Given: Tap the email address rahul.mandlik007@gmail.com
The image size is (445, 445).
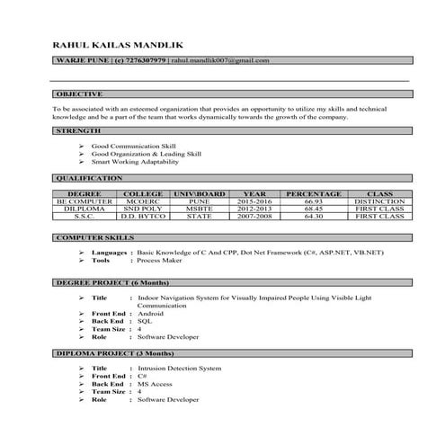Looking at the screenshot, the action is (x=219, y=60).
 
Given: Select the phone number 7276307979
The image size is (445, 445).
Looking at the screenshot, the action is (x=139, y=60).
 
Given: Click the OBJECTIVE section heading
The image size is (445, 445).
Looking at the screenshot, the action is (x=79, y=93).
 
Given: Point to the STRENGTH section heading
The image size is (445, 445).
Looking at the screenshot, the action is (x=78, y=131).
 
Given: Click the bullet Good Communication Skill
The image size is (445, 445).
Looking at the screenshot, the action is (x=135, y=145).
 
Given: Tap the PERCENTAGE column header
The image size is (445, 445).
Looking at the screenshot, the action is (x=314, y=193).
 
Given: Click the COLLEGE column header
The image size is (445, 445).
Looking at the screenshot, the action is (x=143, y=193).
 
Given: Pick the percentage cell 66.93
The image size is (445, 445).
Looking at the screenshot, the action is (x=314, y=201).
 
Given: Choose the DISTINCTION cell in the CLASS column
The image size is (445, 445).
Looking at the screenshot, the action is (x=379, y=201).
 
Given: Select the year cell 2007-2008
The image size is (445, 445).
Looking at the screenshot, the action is (x=255, y=217).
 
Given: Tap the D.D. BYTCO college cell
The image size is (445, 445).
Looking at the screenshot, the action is (x=143, y=217).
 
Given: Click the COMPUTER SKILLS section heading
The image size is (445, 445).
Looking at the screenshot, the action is (x=95, y=237).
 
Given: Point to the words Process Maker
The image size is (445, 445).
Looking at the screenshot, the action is (x=161, y=261).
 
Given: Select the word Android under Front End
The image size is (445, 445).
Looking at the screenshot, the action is (x=151, y=313).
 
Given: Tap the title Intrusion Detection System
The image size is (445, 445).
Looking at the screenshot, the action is (x=179, y=368).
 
